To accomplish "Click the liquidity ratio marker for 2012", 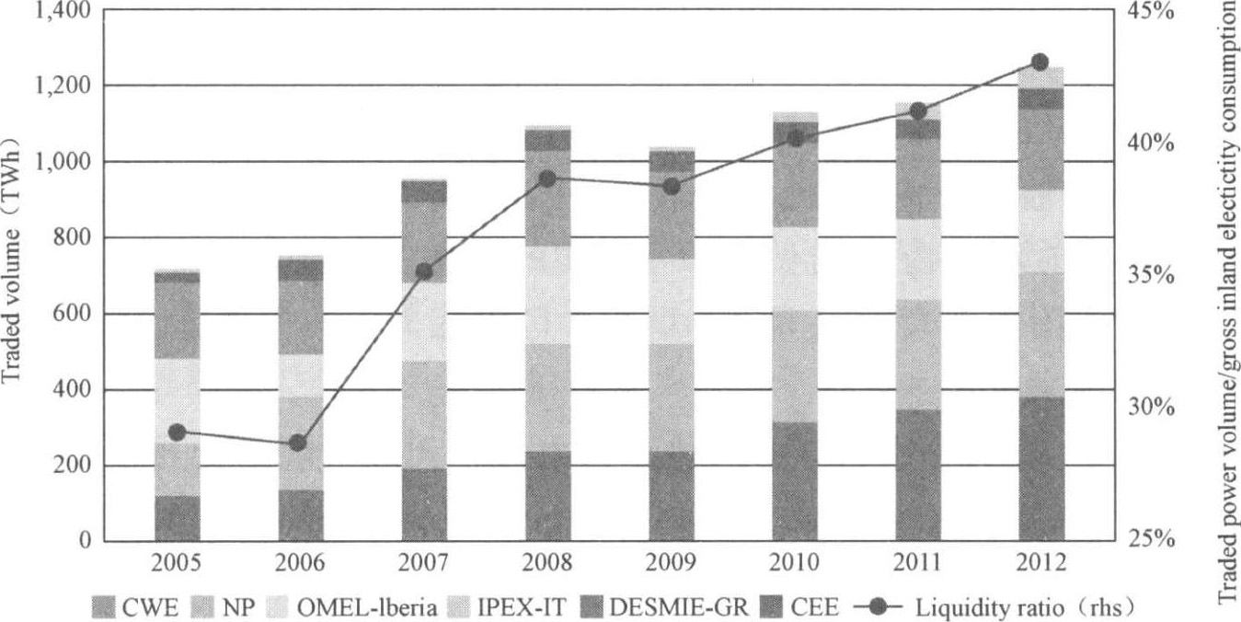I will [x=1040, y=63].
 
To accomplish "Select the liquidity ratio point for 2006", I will [x=297, y=443].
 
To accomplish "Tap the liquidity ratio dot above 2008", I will [x=547, y=179].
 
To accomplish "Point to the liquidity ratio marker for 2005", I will [x=178, y=432].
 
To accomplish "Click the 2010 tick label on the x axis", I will [x=796, y=563].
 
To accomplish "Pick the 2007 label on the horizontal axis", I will [x=424, y=563].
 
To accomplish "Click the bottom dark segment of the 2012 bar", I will [x=1040, y=469].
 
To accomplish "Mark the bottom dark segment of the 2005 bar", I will [x=178, y=519].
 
